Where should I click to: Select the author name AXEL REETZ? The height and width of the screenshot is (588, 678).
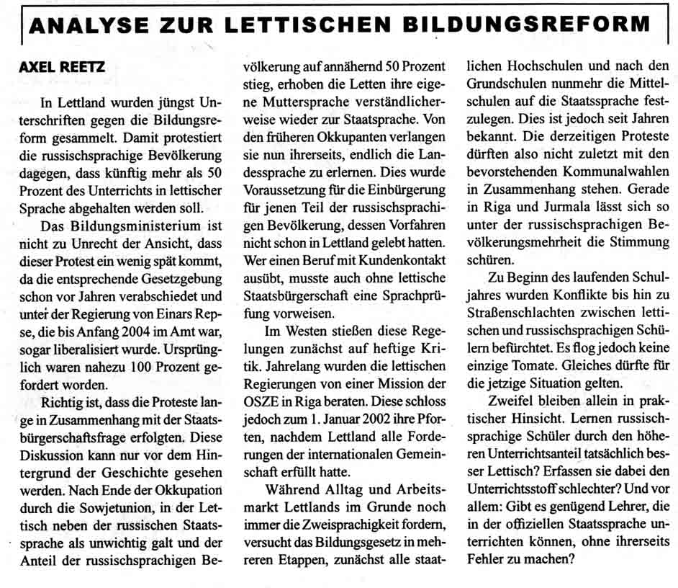tap(61, 66)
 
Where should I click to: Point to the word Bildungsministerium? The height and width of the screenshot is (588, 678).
tap(132, 228)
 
